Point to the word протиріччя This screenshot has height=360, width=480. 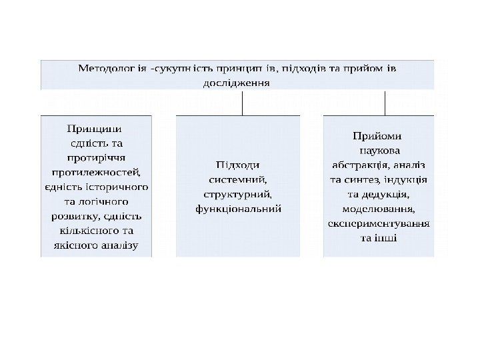97,157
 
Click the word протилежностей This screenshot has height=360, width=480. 97,171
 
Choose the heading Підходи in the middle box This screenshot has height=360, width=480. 238,164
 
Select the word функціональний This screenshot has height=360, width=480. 238,208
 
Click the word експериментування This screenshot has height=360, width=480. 379,223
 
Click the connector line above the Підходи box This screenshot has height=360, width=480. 241,103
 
